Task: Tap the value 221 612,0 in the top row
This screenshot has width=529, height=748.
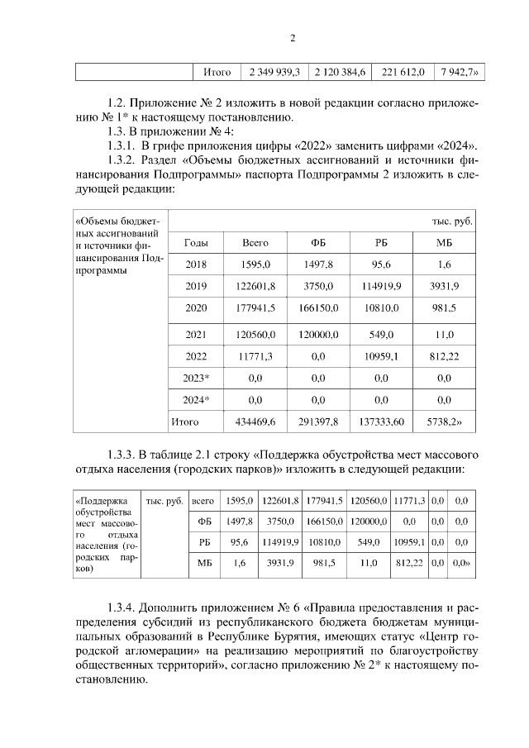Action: click(403, 73)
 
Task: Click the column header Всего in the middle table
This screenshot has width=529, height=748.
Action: click(255, 243)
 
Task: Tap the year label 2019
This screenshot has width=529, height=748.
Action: click(196, 286)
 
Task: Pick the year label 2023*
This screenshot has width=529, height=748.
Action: click(196, 378)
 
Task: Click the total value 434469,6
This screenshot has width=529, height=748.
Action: click(255, 422)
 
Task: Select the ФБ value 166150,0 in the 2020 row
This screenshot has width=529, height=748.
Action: click(318, 308)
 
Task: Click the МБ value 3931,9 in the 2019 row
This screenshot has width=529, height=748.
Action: click(444, 286)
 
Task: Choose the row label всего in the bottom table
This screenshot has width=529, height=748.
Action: click(203, 501)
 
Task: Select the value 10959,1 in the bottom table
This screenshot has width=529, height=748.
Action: click(408, 542)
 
